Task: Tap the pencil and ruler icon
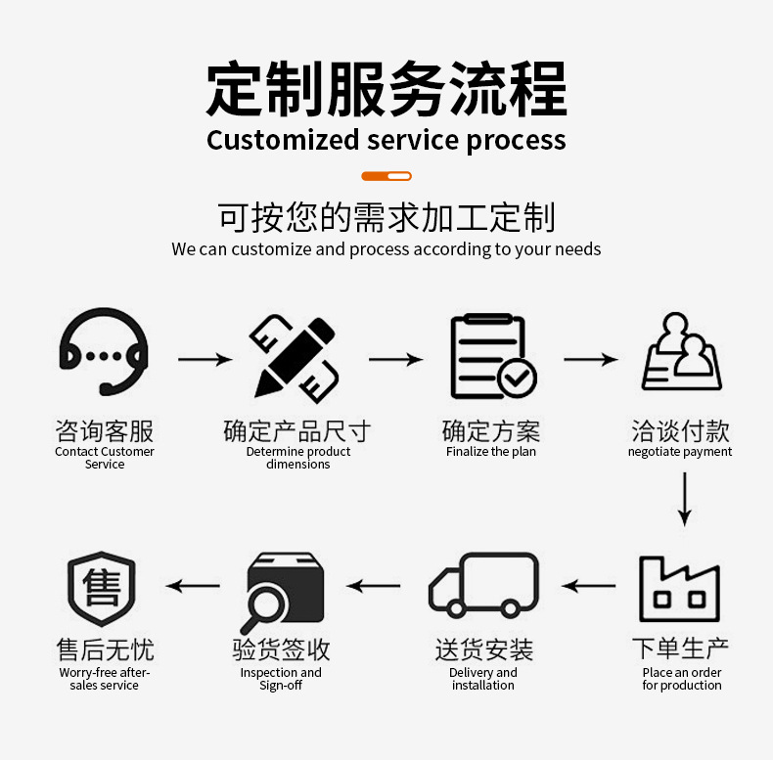(295, 358)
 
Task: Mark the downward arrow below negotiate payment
(684, 499)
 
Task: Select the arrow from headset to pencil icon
(205, 359)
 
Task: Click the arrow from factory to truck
(588, 586)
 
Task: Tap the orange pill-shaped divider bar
(386, 176)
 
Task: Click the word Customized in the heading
(283, 140)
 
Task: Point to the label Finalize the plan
(491, 452)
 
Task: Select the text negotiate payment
(680, 452)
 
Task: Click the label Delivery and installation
(483, 679)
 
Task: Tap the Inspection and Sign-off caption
(281, 679)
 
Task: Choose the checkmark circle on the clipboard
(517, 379)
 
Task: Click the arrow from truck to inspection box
(373, 586)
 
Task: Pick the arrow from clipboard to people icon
(591, 359)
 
